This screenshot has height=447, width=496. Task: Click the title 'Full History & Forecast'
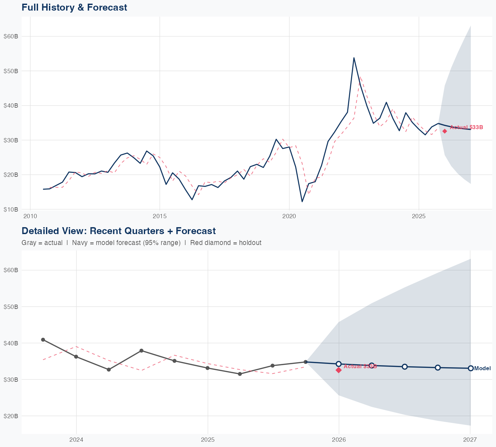pos(74,7)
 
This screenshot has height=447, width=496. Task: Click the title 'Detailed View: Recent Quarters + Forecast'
pos(118,231)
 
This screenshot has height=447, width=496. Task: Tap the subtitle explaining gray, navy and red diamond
pos(141,243)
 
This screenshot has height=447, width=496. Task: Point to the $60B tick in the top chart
pos(11,36)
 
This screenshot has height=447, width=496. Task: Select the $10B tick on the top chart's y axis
pos(11,209)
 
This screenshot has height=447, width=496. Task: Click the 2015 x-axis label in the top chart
pos(160,217)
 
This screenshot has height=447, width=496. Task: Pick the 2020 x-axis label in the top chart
pos(289,217)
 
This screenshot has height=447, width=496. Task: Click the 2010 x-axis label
pos(30,217)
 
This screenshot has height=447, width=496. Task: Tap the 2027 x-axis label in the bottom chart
pos(470,440)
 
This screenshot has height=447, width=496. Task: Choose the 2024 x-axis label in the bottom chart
pos(76,440)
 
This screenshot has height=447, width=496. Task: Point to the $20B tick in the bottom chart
pos(11,416)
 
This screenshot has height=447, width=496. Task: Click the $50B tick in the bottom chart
pos(11,307)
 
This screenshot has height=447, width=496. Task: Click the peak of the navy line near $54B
pos(354,58)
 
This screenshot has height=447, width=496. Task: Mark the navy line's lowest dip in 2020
pos(302,201)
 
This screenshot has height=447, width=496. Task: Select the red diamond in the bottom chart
pos(339,370)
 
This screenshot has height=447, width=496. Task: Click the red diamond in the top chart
pos(445,131)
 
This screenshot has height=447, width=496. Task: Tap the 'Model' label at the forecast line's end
pos(482,369)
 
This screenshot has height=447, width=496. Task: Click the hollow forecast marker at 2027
pos(471,368)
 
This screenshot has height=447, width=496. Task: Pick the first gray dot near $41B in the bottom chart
pos(43,340)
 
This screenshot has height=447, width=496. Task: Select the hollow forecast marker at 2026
pos(339,364)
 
